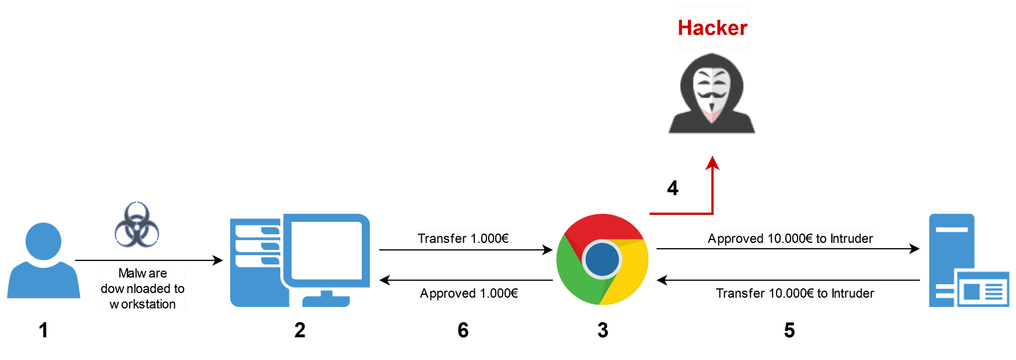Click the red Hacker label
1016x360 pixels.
coord(712,28)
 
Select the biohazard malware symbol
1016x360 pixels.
coord(137,225)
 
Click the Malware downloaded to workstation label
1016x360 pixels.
coord(143,288)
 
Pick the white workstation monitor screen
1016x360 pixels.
coord(326,250)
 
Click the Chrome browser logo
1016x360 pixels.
coord(602,259)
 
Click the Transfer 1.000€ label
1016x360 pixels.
coord(463,238)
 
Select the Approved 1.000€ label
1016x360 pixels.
coord(469,293)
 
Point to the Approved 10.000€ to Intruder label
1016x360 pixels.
coord(791,238)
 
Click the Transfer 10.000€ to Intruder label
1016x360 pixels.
coord(795,293)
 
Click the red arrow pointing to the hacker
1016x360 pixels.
coord(712,192)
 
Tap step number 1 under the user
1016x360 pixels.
coord(43,330)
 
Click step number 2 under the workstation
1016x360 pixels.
coord(300,330)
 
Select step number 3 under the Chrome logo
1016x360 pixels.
coord(603,330)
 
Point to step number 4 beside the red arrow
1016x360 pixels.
coord(673,188)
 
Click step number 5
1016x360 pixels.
coord(789,330)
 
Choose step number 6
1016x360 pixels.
coord(463,330)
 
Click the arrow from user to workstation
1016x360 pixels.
coord(149,260)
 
